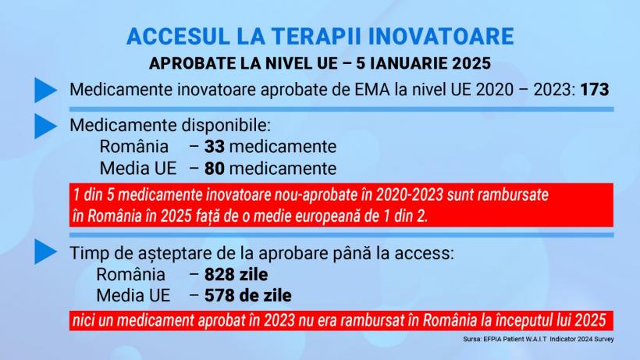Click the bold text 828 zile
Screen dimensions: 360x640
click(x=236, y=275)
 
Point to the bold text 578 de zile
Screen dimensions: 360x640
click(x=248, y=296)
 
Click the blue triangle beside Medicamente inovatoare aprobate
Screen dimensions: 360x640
click(x=45, y=90)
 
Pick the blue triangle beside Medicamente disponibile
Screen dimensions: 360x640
click(x=45, y=126)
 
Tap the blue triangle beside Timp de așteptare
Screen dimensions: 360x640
click(x=45, y=252)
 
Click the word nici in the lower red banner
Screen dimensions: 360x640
click(x=85, y=320)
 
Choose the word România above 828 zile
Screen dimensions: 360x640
click(x=132, y=275)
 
